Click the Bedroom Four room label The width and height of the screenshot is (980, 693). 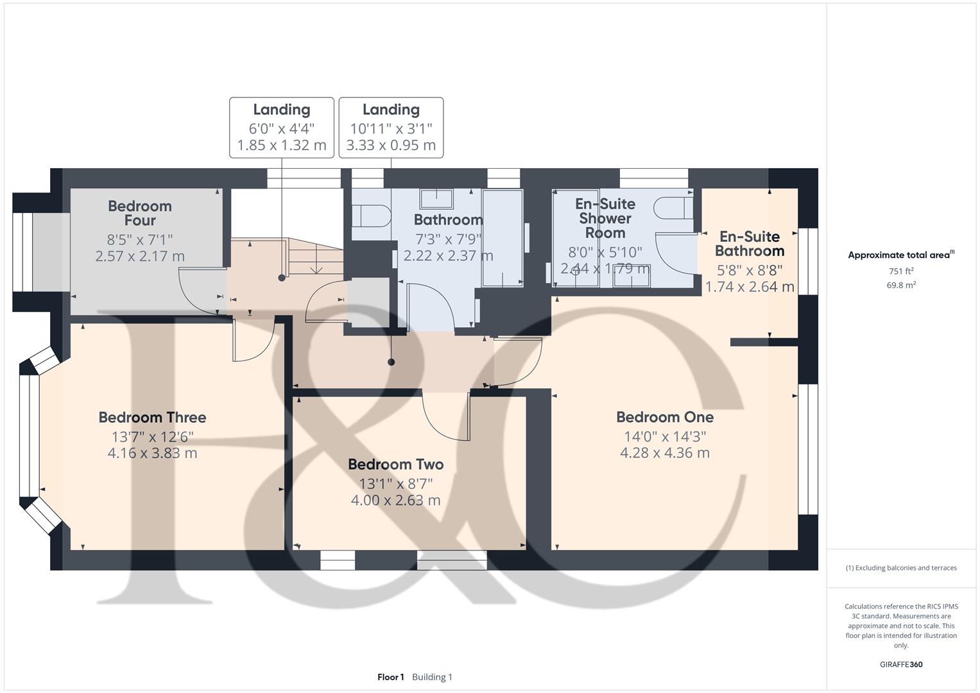(x=139, y=213)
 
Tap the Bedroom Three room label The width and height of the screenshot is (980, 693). (x=152, y=417)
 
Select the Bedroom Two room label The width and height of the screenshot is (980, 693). (x=396, y=464)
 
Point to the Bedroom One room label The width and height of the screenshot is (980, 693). (x=665, y=417)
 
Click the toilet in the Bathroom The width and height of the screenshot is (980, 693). (x=371, y=216)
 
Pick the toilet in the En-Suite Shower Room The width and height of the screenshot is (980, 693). (x=674, y=207)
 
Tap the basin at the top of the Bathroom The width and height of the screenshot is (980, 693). (x=436, y=199)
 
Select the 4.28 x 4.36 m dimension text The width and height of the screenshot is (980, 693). (x=665, y=453)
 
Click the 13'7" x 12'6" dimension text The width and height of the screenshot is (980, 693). (x=152, y=436)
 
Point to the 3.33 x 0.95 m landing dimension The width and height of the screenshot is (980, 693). (x=391, y=145)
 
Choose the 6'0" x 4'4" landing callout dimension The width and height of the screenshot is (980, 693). (x=282, y=128)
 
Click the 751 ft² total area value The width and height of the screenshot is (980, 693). (x=901, y=271)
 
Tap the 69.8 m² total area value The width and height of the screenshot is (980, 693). (x=901, y=285)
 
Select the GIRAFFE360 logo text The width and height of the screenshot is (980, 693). (x=901, y=664)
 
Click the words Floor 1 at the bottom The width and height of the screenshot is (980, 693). (x=391, y=677)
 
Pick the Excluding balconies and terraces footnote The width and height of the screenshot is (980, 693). (x=901, y=568)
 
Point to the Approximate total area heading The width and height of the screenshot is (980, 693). (x=899, y=255)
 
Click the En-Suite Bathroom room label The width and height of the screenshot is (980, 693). (x=750, y=244)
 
